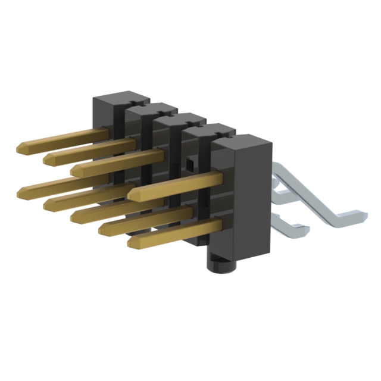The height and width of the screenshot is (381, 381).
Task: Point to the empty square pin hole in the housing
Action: click(189, 161)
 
